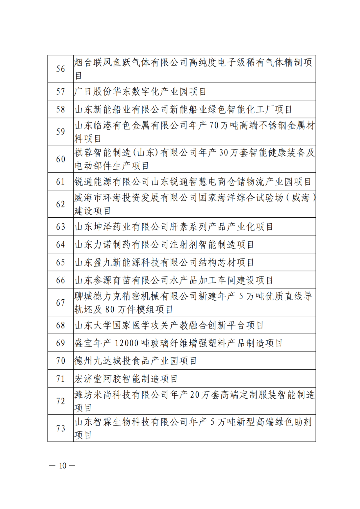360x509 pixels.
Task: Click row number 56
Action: point(61,69)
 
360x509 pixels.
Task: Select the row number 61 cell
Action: point(61,182)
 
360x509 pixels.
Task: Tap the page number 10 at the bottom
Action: point(63,466)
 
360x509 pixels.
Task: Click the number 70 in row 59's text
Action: point(214,126)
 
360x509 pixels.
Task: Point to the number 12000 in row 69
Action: point(126,343)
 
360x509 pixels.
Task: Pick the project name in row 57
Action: point(140,92)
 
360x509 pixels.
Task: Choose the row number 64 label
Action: point(61,245)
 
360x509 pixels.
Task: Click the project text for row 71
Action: point(126,379)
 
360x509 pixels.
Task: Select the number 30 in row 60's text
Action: point(224,153)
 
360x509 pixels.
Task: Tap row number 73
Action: point(61,428)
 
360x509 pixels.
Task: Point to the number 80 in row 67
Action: point(110,310)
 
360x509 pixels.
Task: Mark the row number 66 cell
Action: point(61,280)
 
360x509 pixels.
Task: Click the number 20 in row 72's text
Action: point(195,395)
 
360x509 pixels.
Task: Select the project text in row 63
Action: point(174,227)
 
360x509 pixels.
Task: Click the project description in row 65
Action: point(164,263)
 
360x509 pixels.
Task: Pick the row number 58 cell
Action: point(61,109)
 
